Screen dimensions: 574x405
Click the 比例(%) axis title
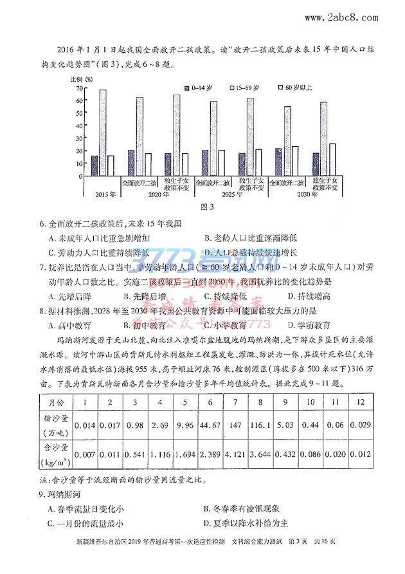coord(81,79)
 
